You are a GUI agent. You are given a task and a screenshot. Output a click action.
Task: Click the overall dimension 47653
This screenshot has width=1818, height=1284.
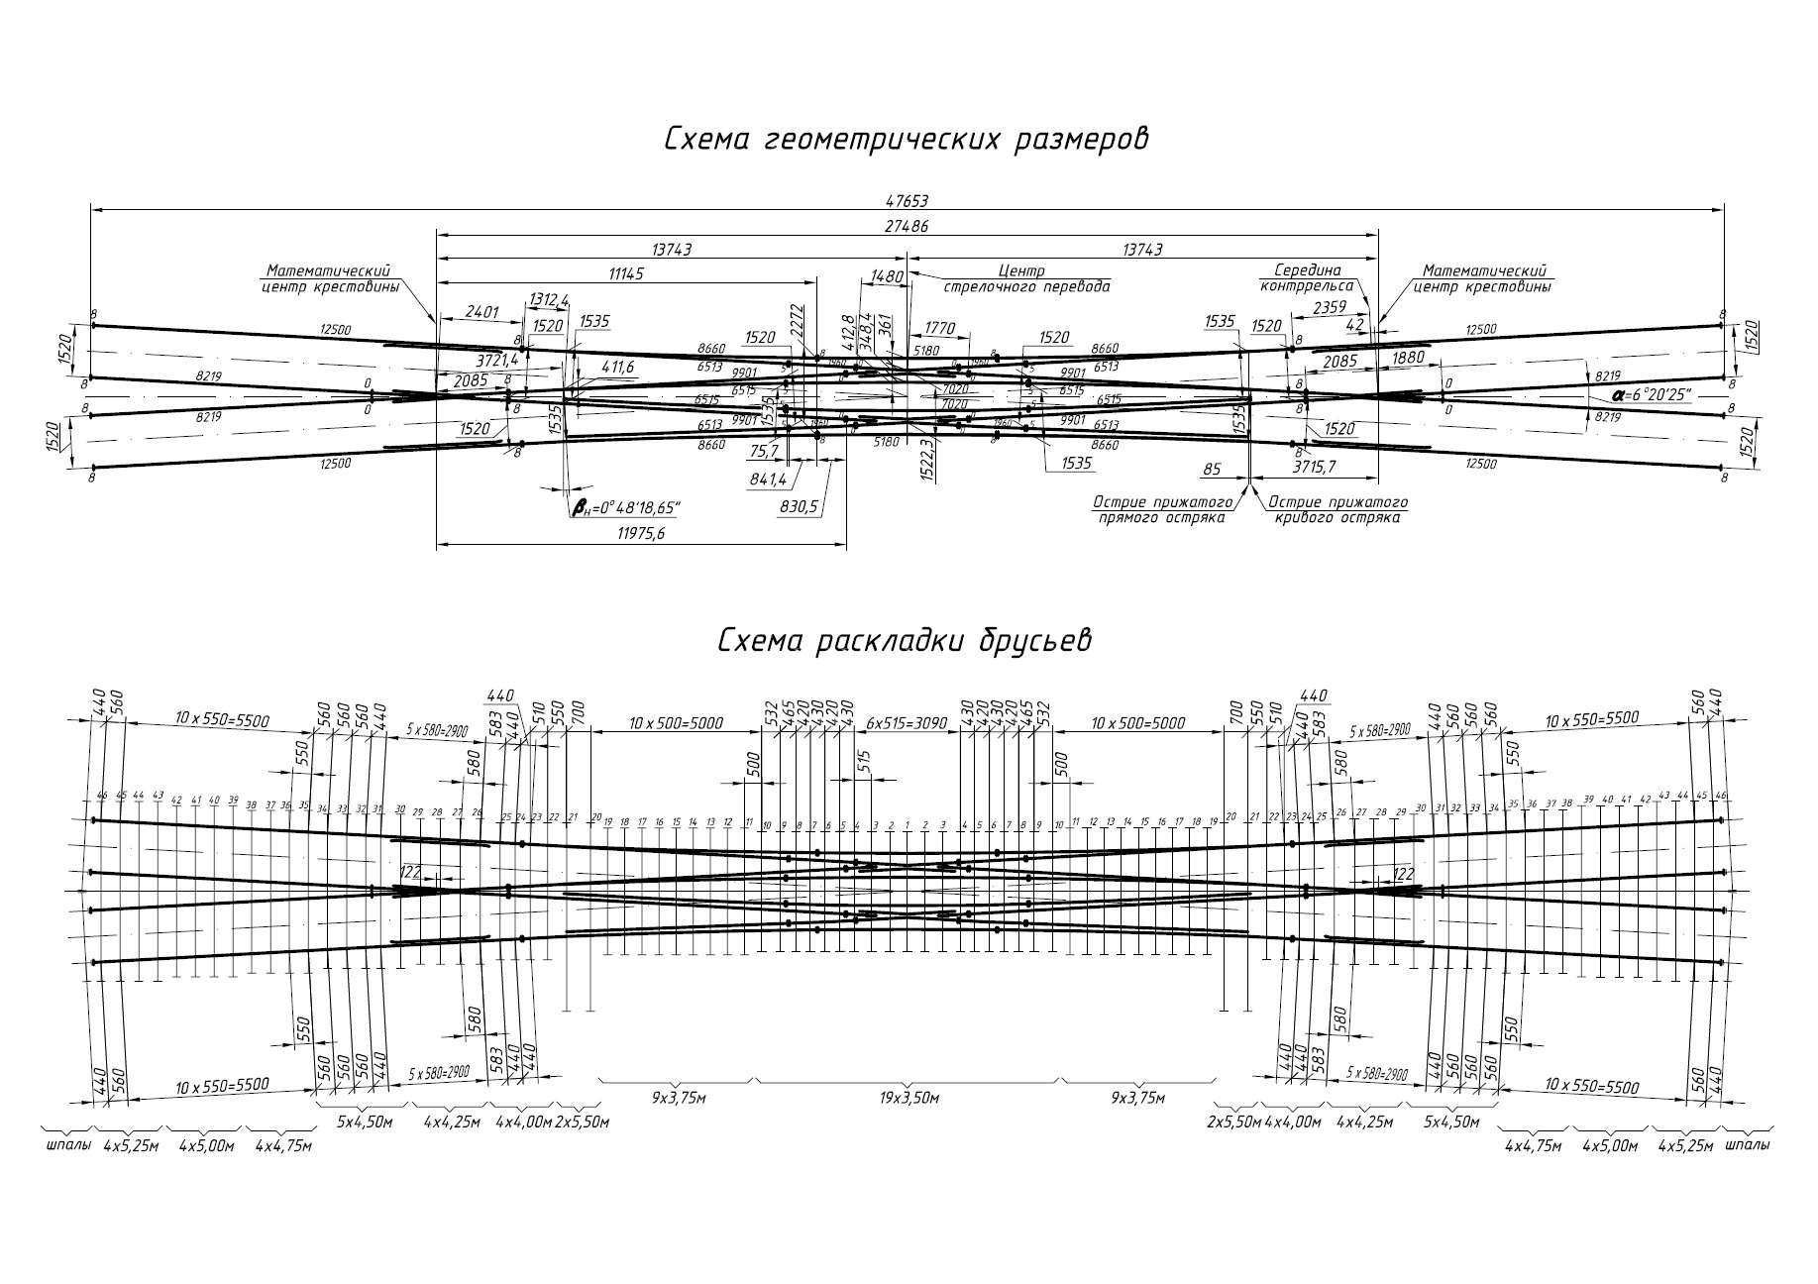[908, 200]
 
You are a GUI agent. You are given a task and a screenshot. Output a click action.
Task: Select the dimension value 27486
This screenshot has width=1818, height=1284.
[908, 226]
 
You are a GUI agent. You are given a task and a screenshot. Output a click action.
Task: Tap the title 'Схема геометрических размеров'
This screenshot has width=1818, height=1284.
[907, 139]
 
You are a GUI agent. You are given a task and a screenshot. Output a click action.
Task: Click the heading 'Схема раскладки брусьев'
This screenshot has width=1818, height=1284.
[905, 641]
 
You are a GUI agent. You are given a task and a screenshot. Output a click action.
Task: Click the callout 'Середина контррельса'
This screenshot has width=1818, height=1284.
[1307, 277]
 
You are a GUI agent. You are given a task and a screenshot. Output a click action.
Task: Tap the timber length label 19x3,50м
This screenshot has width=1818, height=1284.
[908, 1098]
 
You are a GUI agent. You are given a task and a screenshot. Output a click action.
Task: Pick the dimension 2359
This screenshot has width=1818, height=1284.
[1329, 308]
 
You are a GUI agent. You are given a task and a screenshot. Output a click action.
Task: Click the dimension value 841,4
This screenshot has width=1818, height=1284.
[768, 480]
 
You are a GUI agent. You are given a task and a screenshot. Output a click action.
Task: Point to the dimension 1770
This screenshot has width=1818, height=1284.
[937, 328]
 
